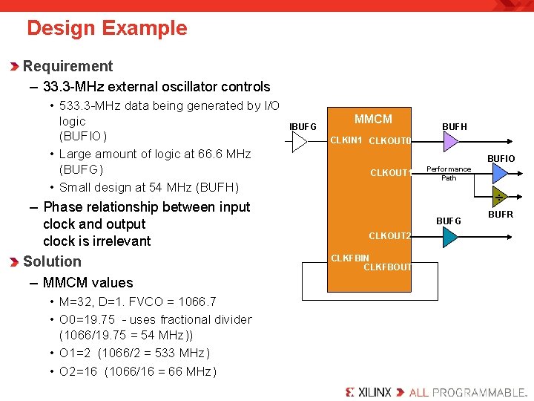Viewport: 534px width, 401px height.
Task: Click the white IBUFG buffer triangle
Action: (x=300, y=142)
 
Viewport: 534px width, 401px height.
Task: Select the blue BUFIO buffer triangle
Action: (x=501, y=173)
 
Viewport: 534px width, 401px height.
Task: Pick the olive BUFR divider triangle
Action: (x=500, y=197)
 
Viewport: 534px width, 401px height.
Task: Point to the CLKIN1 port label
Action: (x=346, y=140)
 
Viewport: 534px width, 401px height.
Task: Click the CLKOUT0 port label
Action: (x=389, y=141)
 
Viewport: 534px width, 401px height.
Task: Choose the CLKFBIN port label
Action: (x=350, y=258)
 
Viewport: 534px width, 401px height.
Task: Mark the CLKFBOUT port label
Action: (x=387, y=267)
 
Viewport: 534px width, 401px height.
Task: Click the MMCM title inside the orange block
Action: (x=373, y=119)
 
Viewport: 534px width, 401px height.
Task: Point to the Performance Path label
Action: (x=449, y=173)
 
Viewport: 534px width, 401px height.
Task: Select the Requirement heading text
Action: (x=67, y=66)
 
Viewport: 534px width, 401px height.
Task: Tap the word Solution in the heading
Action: (x=52, y=261)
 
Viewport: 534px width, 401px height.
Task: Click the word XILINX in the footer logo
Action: (x=375, y=391)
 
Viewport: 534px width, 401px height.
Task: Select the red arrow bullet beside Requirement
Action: (x=15, y=67)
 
